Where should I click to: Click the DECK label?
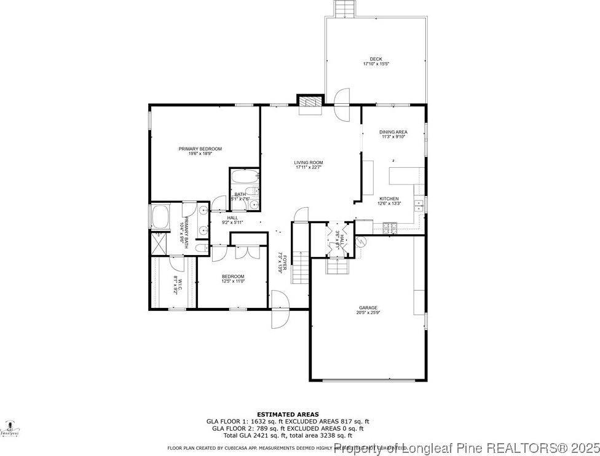tap(376, 59)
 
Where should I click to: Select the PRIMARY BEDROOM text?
tap(200, 149)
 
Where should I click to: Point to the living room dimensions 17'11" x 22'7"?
tap(309, 167)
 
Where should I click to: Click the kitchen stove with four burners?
tap(390, 229)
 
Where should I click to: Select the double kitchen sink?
tap(419, 205)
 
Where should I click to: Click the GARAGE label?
tap(368, 308)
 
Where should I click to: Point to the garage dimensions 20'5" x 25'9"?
tap(368, 313)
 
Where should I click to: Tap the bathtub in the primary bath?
tap(160, 217)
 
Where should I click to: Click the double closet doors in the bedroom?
tap(242, 252)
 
